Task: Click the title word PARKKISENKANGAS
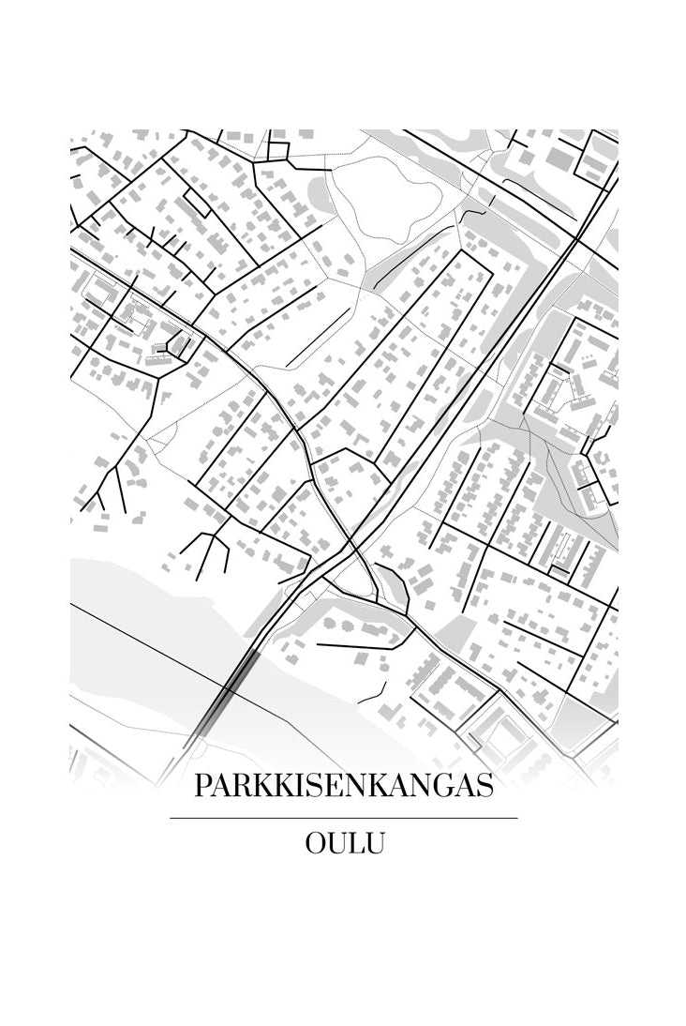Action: click(343, 786)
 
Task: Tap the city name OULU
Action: click(344, 843)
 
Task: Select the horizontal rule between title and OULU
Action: click(343, 819)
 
